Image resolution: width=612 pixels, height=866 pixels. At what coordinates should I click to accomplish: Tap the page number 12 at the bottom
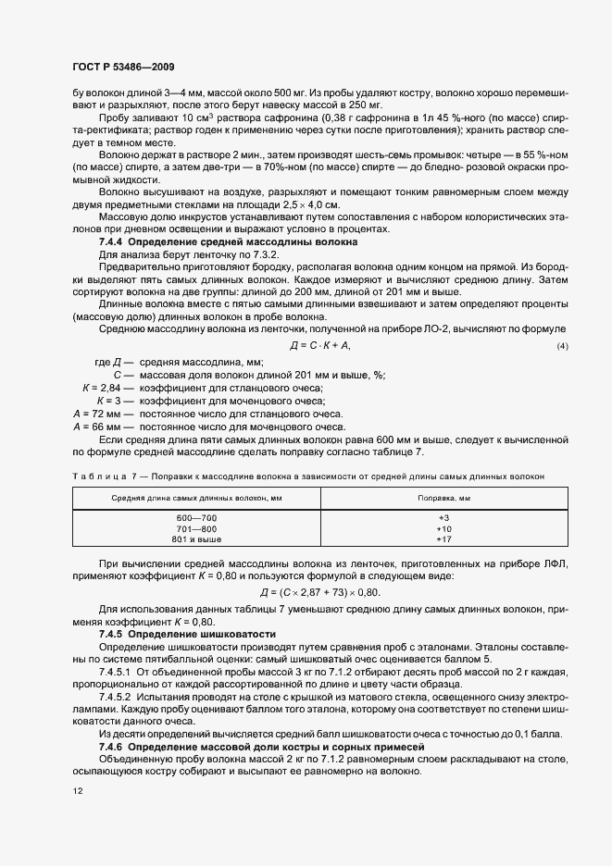pyautogui.click(x=78, y=793)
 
